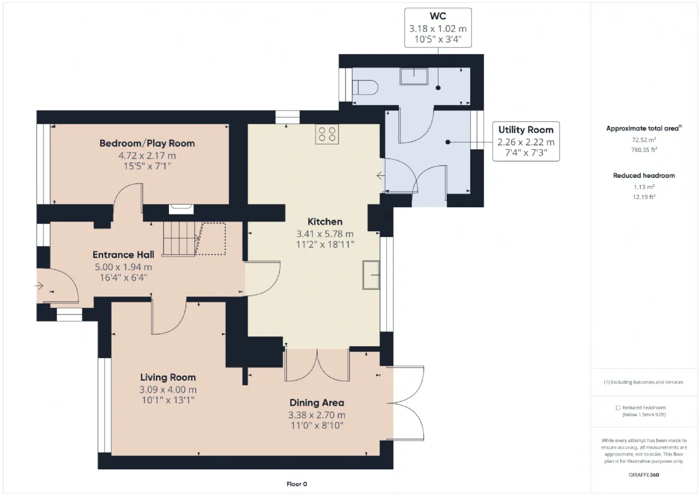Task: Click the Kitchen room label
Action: (325, 222)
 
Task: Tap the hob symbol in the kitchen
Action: (327, 134)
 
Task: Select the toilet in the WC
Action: (365, 88)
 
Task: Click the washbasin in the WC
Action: (414, 76)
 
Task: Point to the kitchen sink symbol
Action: (371, 275)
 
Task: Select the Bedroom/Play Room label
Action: (147, 143)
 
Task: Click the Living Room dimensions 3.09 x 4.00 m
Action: (168, 389)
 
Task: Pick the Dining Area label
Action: (317, 403)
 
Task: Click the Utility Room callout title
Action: (526, 130)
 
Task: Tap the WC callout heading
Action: (438, 16)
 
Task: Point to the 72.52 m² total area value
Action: (644, 139)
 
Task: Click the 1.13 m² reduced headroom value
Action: (644, 187)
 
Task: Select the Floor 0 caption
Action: (296, 484)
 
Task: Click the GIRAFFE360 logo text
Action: (644, 475)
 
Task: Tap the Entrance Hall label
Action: (124, 255)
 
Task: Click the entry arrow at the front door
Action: (39, 286)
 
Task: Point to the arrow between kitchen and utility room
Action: (381, 176)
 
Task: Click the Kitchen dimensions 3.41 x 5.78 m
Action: (325, 234)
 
